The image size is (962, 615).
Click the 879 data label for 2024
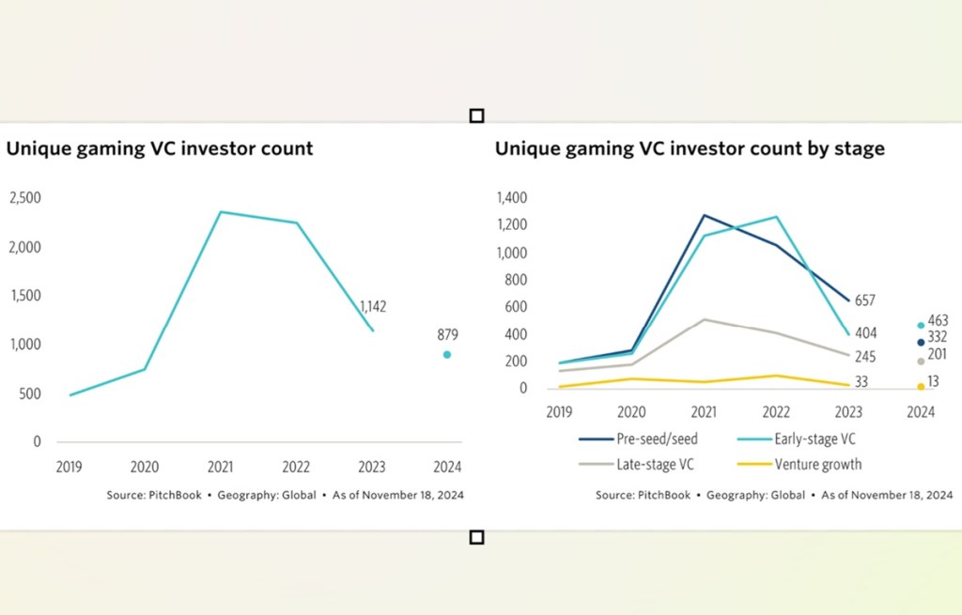pyautogui.click(x=446, y=334)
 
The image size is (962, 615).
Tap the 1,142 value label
pyautogui.click(x=373, y=306)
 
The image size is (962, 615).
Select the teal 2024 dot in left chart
pyautogui.click(x=447, y=355)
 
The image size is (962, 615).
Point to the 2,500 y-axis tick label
pyautogui.click(x=25, y=198)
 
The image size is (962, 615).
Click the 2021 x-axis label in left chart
pyautogui.click(x=221, y=467)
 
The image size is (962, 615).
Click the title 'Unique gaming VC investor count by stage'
pyautogui.click(x=690, y=148)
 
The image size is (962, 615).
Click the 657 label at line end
pyautogui.click(x=863, y=300)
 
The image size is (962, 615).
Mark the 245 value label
pyautogui.click(x=863, y=357)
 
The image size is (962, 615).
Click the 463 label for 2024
pyautogui.click(x=937, y=321)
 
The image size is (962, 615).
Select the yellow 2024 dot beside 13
pyautogui.click(x=921, y=386)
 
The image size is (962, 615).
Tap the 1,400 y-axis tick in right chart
pyautogui.click(x=512, y=198)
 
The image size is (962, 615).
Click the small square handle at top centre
pyautogui.click(x=476, y=115)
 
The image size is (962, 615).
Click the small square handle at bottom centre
pyautogui.click(x=476, y=537)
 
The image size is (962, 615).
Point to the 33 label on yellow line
pyautogui.click(x=861, y=382)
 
